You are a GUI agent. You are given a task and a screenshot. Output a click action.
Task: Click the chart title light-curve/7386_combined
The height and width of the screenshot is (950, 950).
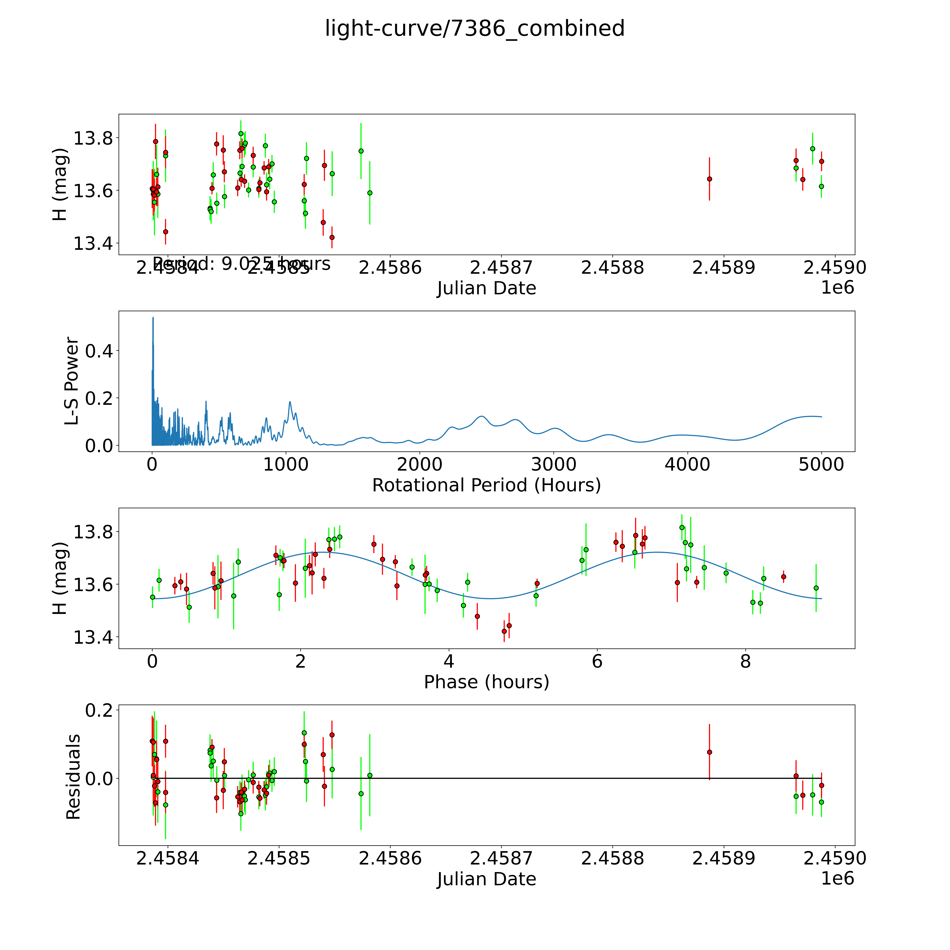click(x=474, y=28)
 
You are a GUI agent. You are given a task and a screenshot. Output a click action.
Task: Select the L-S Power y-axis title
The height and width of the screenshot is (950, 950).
click(x=72, y=381)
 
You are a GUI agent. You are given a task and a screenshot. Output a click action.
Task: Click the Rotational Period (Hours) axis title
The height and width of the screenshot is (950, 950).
click(x=486, y=485)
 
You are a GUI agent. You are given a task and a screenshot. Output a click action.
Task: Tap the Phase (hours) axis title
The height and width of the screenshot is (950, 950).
click(x=486, y=682)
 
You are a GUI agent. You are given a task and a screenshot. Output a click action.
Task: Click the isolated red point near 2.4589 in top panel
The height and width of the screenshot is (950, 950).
click(x=709, y=179)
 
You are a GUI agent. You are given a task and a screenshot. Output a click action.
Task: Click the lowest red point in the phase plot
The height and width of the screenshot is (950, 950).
click(x=504, y=631)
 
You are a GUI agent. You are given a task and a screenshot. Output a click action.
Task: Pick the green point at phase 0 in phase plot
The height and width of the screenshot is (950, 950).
click(x=152, y=597)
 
